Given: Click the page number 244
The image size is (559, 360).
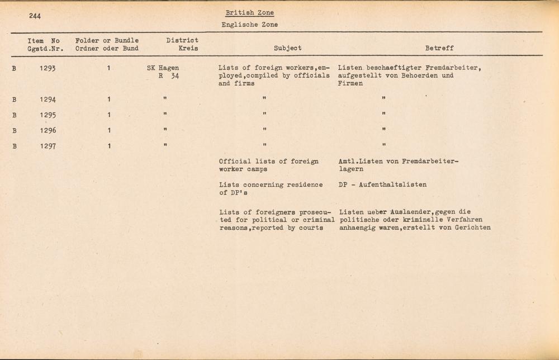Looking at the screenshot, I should (37, 16).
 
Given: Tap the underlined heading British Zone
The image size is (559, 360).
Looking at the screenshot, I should (250, 13).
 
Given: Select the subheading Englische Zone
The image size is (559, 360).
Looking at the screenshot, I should (249, 25).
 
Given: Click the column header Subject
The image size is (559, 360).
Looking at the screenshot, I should (287, 48).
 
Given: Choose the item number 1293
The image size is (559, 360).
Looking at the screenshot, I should (48, 68).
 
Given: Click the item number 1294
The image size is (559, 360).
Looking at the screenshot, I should (48, 100).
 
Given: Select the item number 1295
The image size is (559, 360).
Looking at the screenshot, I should (48, 115).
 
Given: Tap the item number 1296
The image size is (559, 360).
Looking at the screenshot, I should (48, 131).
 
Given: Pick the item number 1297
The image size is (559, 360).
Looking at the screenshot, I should (48, 146).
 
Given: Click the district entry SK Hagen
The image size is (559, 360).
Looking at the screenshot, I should (159, 68).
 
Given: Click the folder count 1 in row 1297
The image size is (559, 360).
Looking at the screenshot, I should (110, 146).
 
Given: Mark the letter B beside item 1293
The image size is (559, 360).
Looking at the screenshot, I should (14, 68).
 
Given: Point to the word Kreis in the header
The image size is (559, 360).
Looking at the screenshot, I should (188, 48).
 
